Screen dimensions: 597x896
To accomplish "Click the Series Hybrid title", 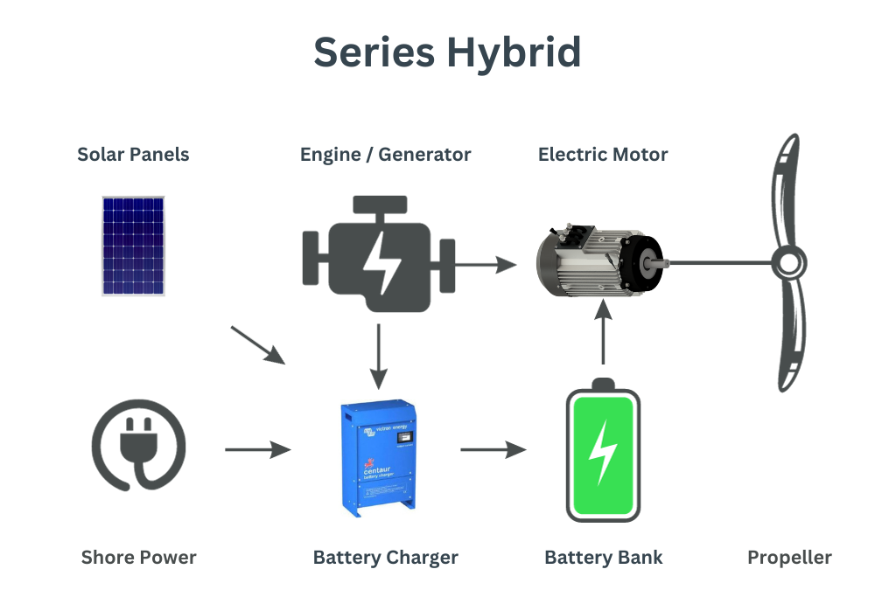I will coord(447,52).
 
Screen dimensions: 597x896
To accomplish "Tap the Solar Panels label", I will coord(133,155).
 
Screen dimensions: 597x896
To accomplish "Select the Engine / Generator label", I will coord(385,155).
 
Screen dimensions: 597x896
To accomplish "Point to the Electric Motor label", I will coord(603,155).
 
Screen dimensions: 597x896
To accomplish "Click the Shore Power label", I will coord(138,558).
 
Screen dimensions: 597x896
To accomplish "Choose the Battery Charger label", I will coord(385,558).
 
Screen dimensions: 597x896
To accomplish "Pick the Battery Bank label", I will coord(603,558).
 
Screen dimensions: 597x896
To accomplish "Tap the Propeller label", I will coord(789,558).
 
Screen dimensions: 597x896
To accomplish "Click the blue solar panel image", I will coord(133,246).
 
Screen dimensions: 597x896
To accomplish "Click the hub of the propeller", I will coord(789,261).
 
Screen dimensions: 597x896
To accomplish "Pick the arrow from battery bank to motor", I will coord(603,336).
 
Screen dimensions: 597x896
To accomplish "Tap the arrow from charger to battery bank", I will coord(493,449).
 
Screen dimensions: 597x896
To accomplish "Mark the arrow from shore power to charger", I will coord(257,449).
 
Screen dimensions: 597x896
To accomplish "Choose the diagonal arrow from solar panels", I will coord(258,344).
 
